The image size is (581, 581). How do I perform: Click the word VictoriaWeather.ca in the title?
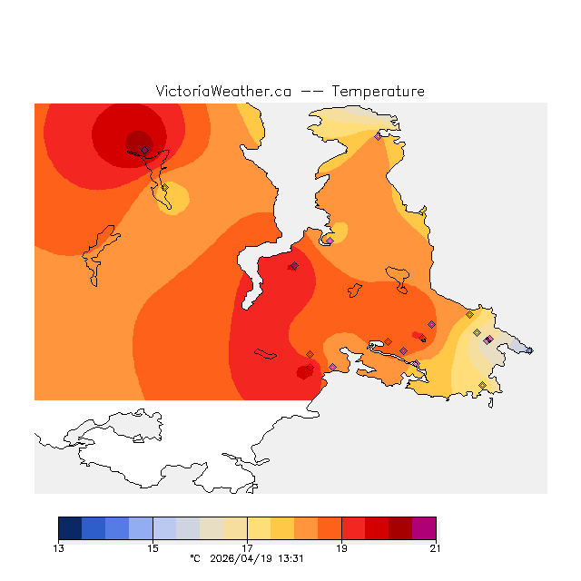[223, 92]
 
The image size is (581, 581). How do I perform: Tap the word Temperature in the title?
[378, 92]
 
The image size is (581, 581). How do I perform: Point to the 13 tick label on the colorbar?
[59, 547]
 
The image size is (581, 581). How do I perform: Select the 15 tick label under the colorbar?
[153, 547]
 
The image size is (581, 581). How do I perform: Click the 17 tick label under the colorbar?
[247, 547]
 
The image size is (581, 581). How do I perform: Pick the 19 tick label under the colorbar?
[341, 547]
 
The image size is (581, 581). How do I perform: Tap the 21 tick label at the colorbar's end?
[436, 547]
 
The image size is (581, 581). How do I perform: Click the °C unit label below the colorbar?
[194, 558]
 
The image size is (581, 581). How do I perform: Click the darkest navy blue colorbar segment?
[70, 528]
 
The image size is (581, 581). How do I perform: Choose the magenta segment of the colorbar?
[424, 528]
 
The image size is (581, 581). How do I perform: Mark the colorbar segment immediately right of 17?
[259, 528]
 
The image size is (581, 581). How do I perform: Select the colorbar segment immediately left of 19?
[330, 528]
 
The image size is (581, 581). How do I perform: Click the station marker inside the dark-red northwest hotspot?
[144, 151]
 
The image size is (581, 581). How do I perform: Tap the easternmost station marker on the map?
[529, 350]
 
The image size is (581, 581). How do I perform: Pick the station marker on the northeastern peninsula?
[378, 137]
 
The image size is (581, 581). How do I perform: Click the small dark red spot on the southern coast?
[305, 371]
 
